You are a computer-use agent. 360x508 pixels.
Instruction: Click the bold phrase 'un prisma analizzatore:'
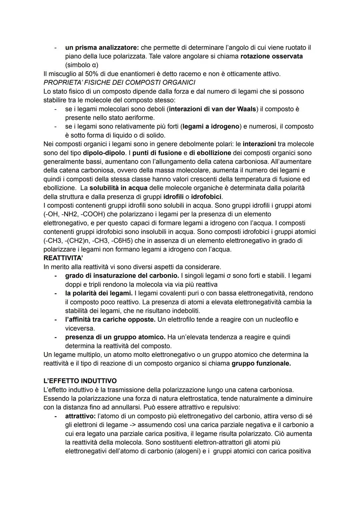(x=102, y=48)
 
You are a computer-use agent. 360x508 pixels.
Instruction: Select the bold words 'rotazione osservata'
(x=271, y=56)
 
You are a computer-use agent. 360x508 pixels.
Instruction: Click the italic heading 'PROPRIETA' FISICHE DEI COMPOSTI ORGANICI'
(x=119, y=82)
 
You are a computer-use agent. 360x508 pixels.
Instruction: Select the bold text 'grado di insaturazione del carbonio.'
(x=122, y=276)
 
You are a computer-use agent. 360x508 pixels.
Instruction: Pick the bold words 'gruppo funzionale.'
(x=261, y=363)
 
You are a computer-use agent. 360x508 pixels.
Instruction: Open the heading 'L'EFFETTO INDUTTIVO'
(x=80, y=381)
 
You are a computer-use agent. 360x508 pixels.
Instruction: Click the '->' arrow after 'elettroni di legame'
(x=132, y=425)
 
